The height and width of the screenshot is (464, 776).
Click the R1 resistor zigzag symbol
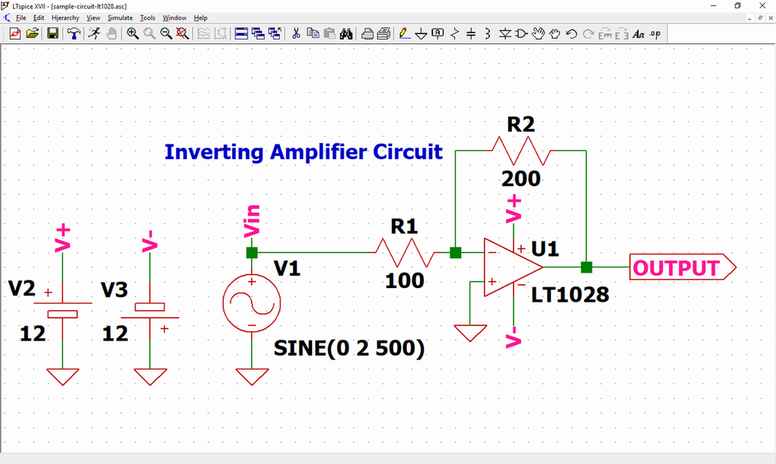click(x=404, y=252)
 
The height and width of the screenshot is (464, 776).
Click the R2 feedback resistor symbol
click(x=521, y=150)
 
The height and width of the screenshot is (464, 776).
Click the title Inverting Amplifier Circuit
click(x=303, y=152)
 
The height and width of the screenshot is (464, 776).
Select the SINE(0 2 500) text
click(x=349, y=348)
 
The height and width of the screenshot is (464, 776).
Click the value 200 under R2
click(x=521, y=179)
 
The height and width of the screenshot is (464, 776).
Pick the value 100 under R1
click(x=404, y=281)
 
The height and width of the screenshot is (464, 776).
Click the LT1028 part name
click(x=571, y=294)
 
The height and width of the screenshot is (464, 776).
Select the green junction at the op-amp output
click(x=587, y=267)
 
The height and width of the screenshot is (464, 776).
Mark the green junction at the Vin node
click(x=252, y=252)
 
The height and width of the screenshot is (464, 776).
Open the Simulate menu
click(x=119, y=18)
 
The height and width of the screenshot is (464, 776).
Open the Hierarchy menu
click(x=65, y=18)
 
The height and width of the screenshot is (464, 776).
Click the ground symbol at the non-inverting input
click(x=469, y=333)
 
